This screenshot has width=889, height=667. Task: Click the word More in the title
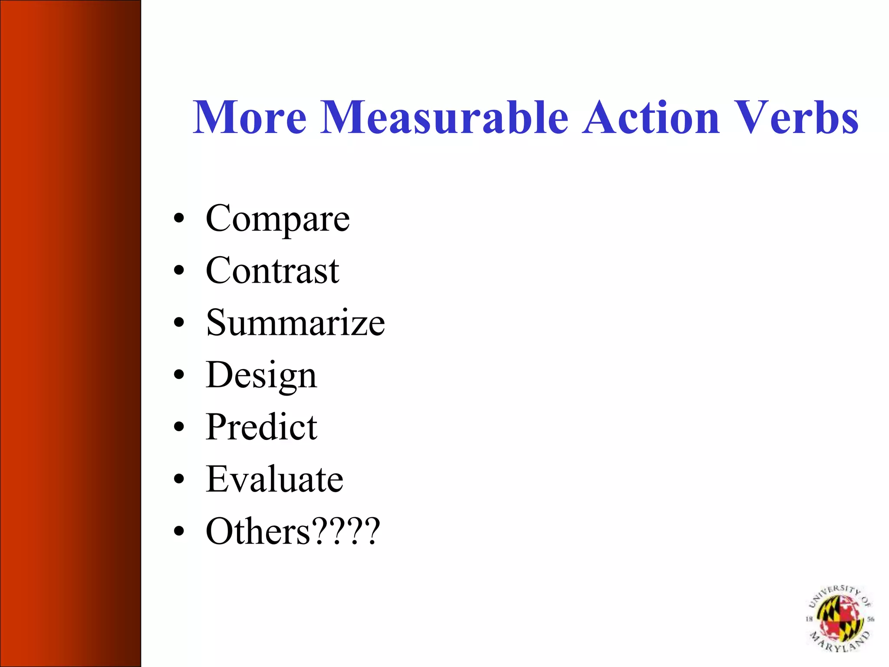250,117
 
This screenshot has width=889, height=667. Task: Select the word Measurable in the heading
444,117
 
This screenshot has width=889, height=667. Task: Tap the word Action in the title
651,117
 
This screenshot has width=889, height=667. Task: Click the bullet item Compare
277,219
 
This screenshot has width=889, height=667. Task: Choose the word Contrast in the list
272,271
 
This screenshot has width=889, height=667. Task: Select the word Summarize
295,323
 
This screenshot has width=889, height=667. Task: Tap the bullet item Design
261,375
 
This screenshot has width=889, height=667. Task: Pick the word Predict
261,427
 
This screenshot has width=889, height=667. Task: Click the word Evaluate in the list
274,479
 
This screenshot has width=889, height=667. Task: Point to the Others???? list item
293,532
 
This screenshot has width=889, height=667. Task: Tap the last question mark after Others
372,531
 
